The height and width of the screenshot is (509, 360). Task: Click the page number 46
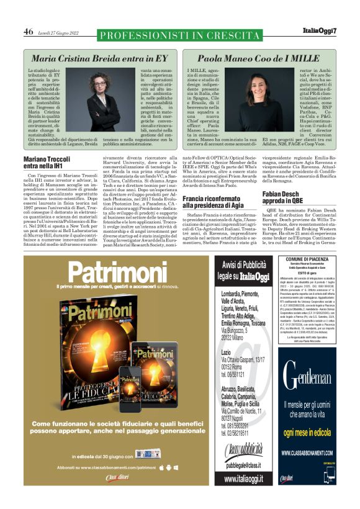29,31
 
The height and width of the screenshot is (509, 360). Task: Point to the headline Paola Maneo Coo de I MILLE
258,58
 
